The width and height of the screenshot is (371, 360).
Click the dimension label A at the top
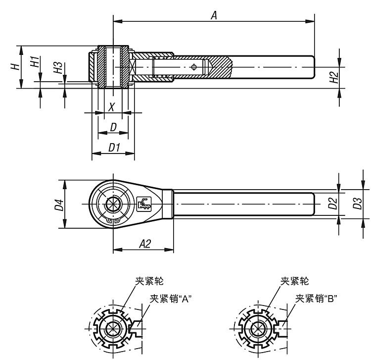pyautogui.click(x=214, y=15)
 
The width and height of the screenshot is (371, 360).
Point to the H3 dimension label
pyautogui.click(x=59, y=68)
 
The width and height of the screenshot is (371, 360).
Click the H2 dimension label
pyautogui.click(x=334, y=77)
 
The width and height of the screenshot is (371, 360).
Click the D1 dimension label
pyautogui.click(x=114, y=148)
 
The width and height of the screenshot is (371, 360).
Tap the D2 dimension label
pyautogui.click(x=332, y=204)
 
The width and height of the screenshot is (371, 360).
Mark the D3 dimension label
pyautogui.click(x=357, y=204)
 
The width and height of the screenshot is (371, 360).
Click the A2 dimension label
pyautogui.click(x=144, y=243)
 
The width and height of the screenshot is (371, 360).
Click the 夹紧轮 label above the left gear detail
pyautogui.click(x=152, y=281)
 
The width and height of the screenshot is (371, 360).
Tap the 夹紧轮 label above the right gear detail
pyautogui.click(x=295, y=281)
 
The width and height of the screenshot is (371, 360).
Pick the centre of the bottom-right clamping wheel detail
pyautogui.click(x=257, y=329)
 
